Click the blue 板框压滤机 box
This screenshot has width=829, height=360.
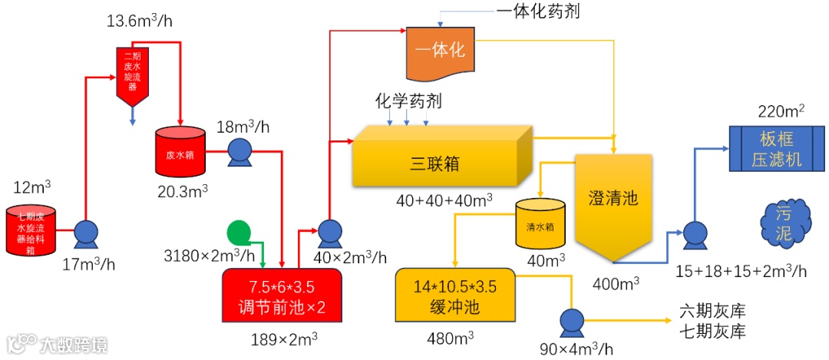pyautogui.click(x=776, y=149)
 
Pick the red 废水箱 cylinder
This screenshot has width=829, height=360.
pyautogui.click(x=180, y=151)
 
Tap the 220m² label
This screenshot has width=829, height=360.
pyautogui.click(x=781, y=111)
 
